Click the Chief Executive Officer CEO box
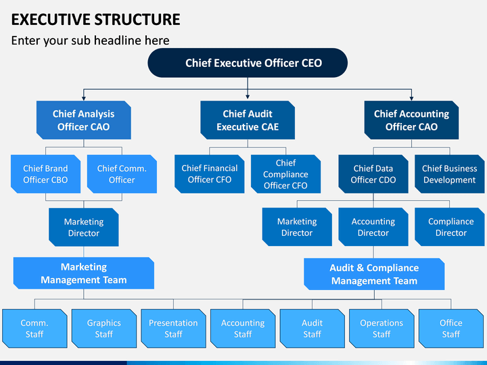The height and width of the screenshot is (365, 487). [248, 63]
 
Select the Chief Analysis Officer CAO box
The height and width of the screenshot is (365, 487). [84, 120]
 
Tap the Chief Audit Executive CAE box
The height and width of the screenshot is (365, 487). [248, 120]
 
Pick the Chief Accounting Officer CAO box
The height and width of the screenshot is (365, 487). [411, 120]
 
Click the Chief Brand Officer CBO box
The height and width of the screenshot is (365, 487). [46, 174]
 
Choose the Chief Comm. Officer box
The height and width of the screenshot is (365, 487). [122, 174]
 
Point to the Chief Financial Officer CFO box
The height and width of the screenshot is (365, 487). [209, 174]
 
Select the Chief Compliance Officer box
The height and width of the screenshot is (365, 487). [285, 174]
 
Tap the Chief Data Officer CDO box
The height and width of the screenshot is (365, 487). [373, 174]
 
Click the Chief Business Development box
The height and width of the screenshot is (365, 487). [449, 174]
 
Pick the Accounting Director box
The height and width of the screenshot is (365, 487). [373, 227]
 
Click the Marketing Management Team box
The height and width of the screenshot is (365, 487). [84, 273]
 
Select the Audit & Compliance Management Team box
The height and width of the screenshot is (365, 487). [374, 274]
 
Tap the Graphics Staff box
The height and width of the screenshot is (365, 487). [104, 328]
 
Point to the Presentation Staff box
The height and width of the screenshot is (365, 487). [173, 328]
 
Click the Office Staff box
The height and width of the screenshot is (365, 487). [451, 328]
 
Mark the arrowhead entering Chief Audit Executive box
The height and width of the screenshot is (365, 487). [248, 97]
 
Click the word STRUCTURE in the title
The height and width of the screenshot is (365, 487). [137, 19]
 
